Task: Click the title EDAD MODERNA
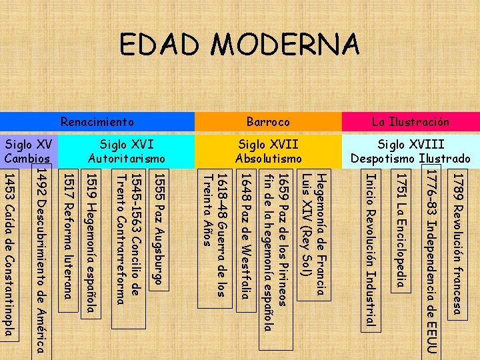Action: pyautogui.click(x=239, y=45)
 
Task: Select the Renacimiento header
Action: pyautogui.click(x=97, y=122)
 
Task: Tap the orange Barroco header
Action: pyautogui.click(x=268, y=122)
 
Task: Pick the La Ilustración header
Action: pyautogui.click(x=411, y=122)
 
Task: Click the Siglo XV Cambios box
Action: pyautogui.click(x=28, y=151)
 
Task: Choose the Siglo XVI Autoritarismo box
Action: pyautogui.click(x=126, y=151)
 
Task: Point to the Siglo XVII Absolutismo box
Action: pyautogui.click(x=268, y=151)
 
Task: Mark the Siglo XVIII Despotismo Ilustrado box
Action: pyautogui.click(x=411, y=151)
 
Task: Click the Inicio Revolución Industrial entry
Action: pyautogui.click(x=371, y=250)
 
